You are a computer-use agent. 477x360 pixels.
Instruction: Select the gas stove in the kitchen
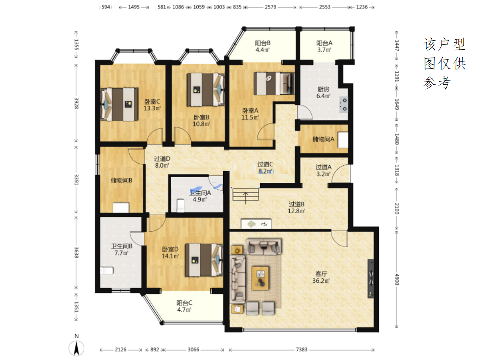coord(343,104)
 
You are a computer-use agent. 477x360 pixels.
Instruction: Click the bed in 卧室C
coord(119,104)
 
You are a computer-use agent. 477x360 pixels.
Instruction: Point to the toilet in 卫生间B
coord(106,270)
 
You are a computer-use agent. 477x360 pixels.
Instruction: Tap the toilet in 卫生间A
coord(180,205)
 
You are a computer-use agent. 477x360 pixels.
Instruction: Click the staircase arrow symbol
coord(245,198)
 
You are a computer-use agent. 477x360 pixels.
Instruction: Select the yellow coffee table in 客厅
coord(259,278)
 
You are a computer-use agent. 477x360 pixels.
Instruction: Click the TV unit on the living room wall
coord(370,278)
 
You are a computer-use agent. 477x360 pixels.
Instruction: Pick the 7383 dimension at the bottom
coord(301,349)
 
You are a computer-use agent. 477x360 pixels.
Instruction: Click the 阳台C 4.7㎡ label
coord(184,306)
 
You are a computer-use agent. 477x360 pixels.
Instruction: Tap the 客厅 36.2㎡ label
coord(321,277)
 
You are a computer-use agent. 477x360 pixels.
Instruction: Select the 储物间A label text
coord(323,139)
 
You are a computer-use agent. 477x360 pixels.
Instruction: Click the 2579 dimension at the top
coord(270,7)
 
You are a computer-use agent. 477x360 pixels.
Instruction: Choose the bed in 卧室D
coord(204,260)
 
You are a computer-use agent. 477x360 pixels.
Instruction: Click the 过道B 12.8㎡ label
coord(296,207)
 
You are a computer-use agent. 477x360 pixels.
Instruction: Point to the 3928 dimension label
coord(76,103)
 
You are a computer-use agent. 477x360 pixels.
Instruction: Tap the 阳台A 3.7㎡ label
coord(324,46)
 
